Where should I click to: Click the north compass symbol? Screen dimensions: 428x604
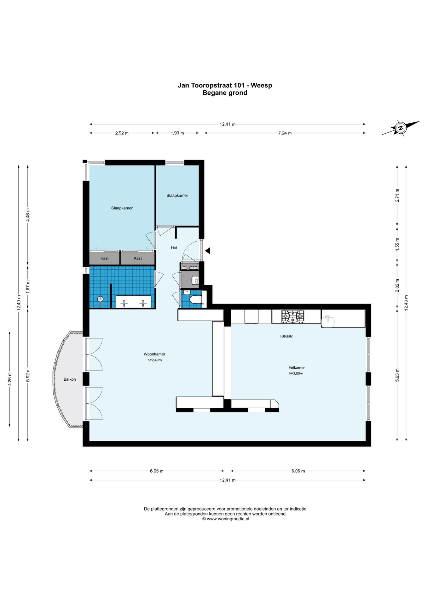pos(401,128)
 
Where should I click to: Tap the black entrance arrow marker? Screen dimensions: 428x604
pos(207,251)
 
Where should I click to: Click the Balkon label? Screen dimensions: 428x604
pos(70,379)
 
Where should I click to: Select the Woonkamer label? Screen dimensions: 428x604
pos(154,354)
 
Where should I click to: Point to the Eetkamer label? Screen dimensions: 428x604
pos(297,367)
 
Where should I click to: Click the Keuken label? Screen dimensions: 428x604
pos(287,336)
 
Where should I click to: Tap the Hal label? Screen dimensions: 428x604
pos(174,248)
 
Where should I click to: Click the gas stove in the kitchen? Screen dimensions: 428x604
pos(293,316)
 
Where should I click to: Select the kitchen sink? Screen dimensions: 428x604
pos(328,322)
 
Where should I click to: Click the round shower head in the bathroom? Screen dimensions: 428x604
pos(100,299)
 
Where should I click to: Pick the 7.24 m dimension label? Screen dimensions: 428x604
pos(285,133)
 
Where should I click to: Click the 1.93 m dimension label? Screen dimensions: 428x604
pos(177,133)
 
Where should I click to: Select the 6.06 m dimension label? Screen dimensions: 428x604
pos(298,471)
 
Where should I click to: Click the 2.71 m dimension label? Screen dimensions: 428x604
pos(397,195)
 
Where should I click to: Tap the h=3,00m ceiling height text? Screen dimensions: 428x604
pos(296,373)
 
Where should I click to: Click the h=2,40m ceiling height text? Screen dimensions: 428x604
pos(154,360)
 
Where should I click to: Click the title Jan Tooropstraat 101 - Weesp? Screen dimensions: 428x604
pos(225,85)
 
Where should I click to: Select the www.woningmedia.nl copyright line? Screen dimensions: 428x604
pos(226,519)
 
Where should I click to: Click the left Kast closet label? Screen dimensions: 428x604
pos(104,258)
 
